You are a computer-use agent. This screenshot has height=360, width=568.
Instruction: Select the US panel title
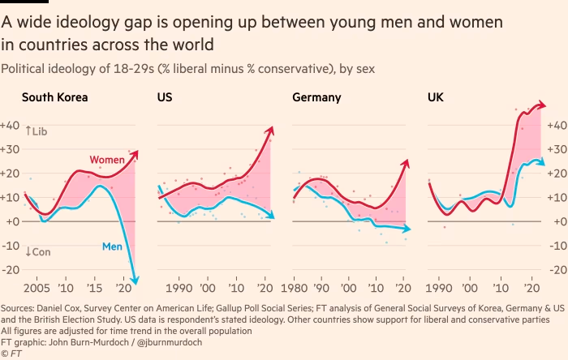pos(165,99)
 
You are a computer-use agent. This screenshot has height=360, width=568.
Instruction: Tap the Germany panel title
pos(316,99)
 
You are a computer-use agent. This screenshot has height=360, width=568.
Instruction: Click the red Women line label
pos(106,161)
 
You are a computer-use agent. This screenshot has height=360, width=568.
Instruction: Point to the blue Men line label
pos(112,246)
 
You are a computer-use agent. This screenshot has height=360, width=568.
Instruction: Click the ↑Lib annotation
pos(37,131)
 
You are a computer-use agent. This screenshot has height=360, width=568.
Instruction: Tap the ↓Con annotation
pos(37,252)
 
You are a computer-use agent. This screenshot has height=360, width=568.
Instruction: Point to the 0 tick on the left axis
pos(15,221)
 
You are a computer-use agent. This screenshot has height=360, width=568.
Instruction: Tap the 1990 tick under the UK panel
pos(438,288)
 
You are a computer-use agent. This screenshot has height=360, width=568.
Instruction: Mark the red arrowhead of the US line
pos(271,130)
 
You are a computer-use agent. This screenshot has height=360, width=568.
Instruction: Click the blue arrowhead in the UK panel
pos(541,161)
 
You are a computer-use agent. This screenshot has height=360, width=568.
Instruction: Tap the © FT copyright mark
pos(11,354)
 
